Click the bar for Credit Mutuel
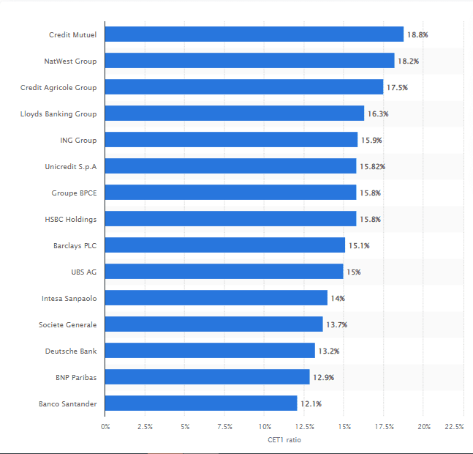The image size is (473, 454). tap(254, 34)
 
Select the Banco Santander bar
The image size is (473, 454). tap(201, 403)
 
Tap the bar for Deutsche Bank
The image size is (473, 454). tap(210, 351)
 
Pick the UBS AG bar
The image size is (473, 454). tap(224, 272)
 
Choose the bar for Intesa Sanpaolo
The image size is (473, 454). tap(216, 298)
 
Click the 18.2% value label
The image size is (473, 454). tap(408, 61)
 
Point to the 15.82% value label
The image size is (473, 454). tap(372, 166)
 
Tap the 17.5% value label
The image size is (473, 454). tap(397, 87)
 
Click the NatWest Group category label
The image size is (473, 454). tap(70, 61)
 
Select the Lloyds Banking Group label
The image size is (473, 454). tap(58, 113)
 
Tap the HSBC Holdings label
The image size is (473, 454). tap(71, 219)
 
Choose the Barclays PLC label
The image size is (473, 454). tap(75, 245)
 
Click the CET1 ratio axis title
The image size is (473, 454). tap(284, 439)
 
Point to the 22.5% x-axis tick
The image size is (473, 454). tap(455, 426)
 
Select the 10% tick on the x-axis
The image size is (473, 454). tap(265, 426)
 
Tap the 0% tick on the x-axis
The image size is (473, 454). tap(105, 426)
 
